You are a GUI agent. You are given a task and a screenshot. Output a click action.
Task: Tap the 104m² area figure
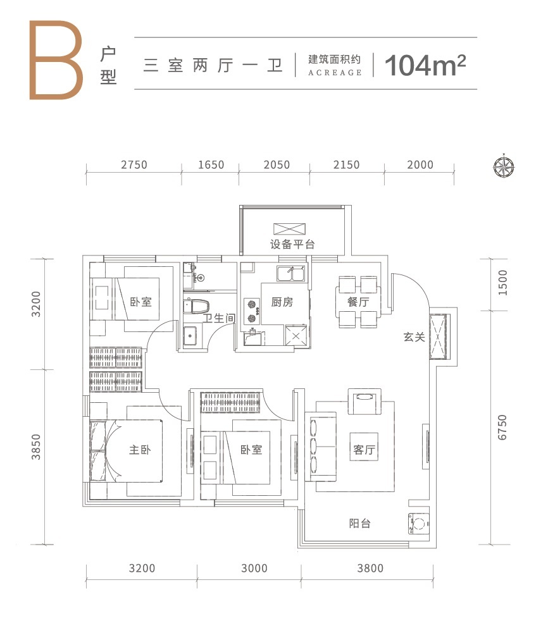point(425,65)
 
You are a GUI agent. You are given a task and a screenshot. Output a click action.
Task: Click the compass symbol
point(504,166)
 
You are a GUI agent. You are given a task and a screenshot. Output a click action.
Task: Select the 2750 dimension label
point(134,165)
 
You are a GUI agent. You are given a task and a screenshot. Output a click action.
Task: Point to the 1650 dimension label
point(211,165)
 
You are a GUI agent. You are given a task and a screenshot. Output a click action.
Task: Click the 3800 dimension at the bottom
point(370,568)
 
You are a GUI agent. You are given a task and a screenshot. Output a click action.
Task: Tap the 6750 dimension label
point(502,428)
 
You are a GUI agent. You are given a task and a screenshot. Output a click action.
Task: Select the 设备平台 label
point(292,244)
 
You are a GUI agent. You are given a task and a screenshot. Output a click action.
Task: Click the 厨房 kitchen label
point(282,302)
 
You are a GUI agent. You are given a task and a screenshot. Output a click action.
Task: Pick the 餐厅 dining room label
point(358,302)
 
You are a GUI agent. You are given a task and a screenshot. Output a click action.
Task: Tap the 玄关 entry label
point(414,337)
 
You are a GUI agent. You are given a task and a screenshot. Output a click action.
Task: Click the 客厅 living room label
point(364,450)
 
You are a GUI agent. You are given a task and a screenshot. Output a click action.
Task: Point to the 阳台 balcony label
point(360,524)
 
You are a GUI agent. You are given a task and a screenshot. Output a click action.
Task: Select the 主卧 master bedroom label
point(140,450)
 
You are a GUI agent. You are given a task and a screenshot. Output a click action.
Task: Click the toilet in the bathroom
point(196,306)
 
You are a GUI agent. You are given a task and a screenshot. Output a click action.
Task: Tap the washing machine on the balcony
point(419,524)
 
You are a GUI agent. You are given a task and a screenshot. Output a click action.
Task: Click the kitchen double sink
point(291,273)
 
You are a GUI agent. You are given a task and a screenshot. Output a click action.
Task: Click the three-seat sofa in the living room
point(320,447)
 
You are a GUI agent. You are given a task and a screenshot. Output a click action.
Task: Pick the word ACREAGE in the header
point(335,73)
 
